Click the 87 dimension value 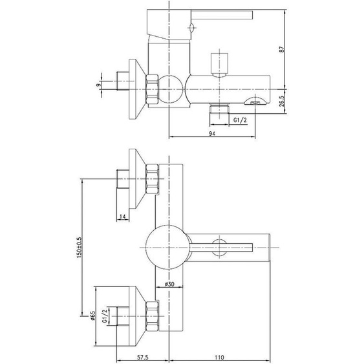click(x=282, y=49)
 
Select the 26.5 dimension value click(x=282, y=102)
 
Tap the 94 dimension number click(x=211, y=133)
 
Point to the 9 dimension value click(x=99, y=85)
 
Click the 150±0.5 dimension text click(x=79, y=248)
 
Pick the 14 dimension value click(x=123, y=217)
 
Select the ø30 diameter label click(x=169, y=284)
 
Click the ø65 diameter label click(x=92, y=316)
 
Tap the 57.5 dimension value click(x=142, y=357)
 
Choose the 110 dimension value click(x=219, y=357)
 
